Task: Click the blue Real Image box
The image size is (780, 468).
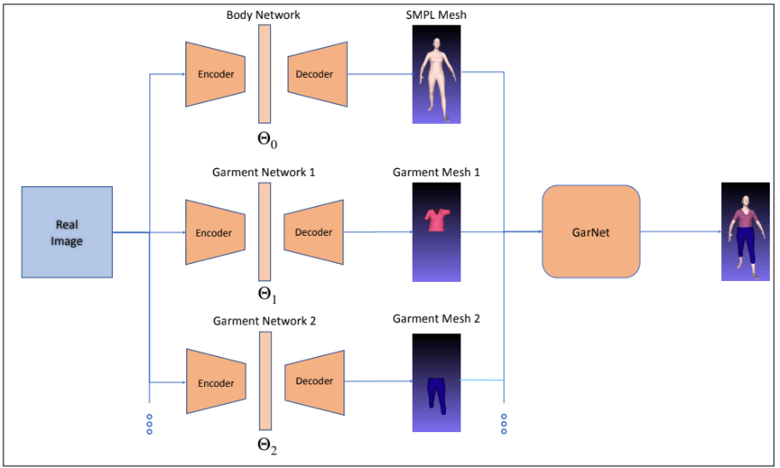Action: [x=67, y=231]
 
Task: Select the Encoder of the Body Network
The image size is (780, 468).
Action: [x=216, y=74]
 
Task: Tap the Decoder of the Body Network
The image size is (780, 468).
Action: [x=316, y=74]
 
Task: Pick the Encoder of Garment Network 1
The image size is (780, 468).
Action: [x=214, y=232]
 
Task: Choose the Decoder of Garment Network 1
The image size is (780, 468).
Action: [x=314, y=232]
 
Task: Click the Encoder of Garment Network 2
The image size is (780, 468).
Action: [x=216, y=383]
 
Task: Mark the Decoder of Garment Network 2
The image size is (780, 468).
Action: [x=314, y=382]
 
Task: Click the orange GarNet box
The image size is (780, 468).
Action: [x=590, y=231]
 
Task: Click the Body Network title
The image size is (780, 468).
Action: [x=263, y=15]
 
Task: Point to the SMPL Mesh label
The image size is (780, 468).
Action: [x=437, y=15]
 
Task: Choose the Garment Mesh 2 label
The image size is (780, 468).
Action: [x=436, y=319]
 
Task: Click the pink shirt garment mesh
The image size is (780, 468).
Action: [x=437, y=220]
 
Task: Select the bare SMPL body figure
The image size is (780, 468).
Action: [x=437, y=74]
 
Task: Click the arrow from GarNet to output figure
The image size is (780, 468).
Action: [x=680, y=231]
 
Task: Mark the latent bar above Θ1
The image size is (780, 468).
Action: [x=264, y=231]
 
